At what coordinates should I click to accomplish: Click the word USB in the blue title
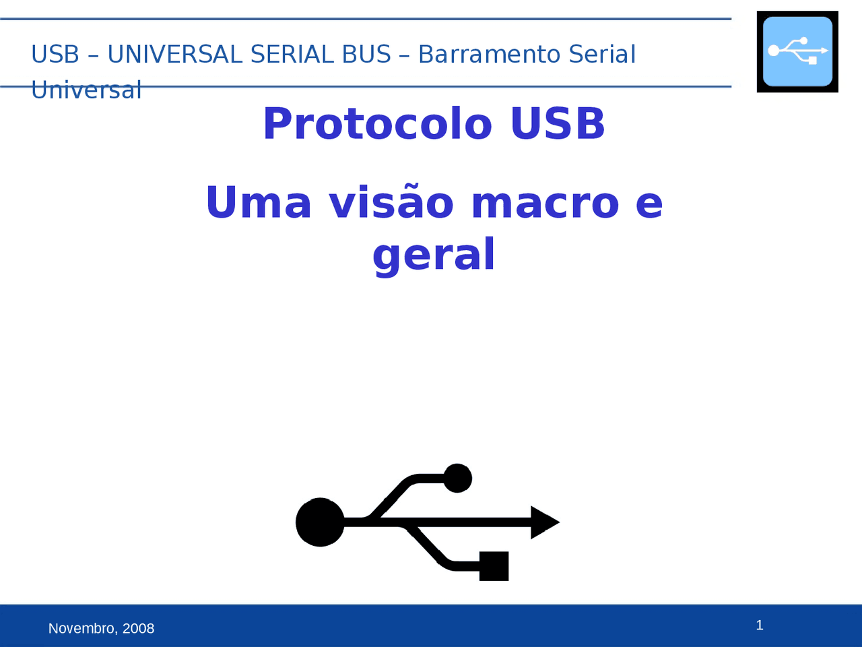558,123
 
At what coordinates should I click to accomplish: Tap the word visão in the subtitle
391,203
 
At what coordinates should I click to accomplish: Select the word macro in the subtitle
545,203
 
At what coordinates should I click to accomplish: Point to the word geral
434,255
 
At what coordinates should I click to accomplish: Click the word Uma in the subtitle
259,203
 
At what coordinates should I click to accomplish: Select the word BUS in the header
366,55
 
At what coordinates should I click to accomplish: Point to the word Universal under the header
86,90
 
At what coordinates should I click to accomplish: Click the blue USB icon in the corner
797,52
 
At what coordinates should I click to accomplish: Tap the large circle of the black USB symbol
320,522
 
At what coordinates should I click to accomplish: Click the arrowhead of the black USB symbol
544,522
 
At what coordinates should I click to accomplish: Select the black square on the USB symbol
494,566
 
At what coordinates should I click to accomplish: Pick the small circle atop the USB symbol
458,478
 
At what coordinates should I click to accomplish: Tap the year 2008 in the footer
139,629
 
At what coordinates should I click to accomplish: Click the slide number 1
760,625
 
